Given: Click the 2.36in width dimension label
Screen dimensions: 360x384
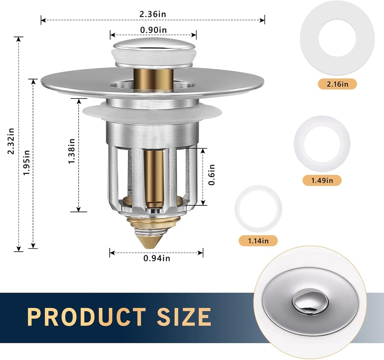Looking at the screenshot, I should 153,14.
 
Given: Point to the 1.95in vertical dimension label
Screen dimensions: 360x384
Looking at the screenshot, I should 26,162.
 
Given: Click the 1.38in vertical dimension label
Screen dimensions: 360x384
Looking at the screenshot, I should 71,151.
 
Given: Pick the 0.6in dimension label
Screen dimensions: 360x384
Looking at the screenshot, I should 212,175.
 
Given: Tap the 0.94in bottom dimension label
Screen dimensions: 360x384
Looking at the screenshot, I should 157,258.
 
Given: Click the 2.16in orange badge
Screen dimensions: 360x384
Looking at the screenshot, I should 337,84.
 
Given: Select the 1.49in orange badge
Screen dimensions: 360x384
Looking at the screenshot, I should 322,180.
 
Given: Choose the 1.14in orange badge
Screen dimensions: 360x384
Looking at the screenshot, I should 258,240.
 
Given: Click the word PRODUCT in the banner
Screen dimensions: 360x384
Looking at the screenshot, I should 87,317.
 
